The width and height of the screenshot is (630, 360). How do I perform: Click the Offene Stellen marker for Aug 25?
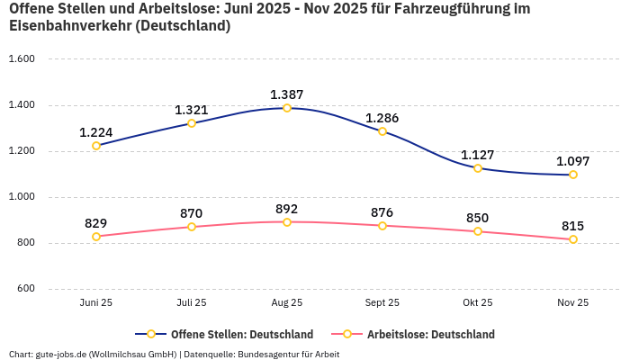pos(287,108)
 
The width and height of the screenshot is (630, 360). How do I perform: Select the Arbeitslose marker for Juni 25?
pos(96,237)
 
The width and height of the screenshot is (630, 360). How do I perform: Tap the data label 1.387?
pos(287,94)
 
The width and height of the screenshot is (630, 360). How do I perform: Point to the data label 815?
pos(573,226)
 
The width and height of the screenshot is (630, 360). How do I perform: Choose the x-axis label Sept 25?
pos(382,303)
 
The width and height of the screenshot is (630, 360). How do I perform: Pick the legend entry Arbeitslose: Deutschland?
pos(430,335)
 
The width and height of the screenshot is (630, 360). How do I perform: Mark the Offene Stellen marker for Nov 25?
pos(573,175)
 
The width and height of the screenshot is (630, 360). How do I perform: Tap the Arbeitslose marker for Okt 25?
pos(478,231)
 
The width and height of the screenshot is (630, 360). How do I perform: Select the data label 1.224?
pos(96,132)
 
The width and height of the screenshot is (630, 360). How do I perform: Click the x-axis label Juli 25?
pos(192,303)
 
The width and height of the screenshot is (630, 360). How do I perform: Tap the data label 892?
pos(287,209)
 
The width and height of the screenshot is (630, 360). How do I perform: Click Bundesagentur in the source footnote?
pos(268,354)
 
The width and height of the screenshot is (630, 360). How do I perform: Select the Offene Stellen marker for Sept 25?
pos(382,131)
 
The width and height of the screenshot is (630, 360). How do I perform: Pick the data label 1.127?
pos(478,155)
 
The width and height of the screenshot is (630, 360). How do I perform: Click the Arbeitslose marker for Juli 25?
pos(192,227)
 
